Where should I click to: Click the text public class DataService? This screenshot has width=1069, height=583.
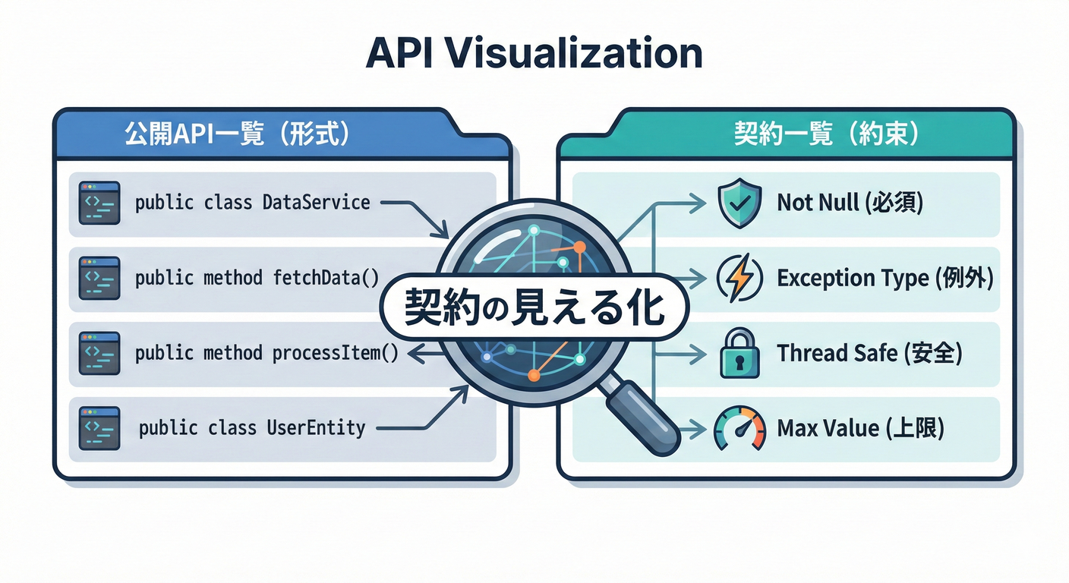[x=252, y=203]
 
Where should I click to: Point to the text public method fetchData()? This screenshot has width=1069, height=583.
[x=257, y=278]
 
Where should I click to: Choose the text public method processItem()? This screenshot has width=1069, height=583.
[x=266, y=353]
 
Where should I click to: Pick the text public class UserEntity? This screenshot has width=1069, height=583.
[x=252, y=428]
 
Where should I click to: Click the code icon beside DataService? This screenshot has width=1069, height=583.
[x=99, y=203]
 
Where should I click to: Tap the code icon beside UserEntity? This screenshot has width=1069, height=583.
[x=99, y=428]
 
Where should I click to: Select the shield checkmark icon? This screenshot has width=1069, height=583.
[x=739, y=203]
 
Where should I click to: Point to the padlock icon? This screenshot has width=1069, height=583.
[x=739, y=354]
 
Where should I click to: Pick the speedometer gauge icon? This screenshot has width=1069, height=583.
[x=739, y=429]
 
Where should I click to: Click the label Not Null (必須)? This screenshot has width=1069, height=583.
[x=850, y=203]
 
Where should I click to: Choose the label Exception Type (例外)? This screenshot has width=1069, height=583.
[x=885, y=279]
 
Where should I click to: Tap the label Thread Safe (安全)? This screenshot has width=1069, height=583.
[x=869, y=354]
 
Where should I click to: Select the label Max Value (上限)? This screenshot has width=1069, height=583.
[x=860, y=429]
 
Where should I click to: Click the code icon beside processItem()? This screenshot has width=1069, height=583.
[x=99, y=353]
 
